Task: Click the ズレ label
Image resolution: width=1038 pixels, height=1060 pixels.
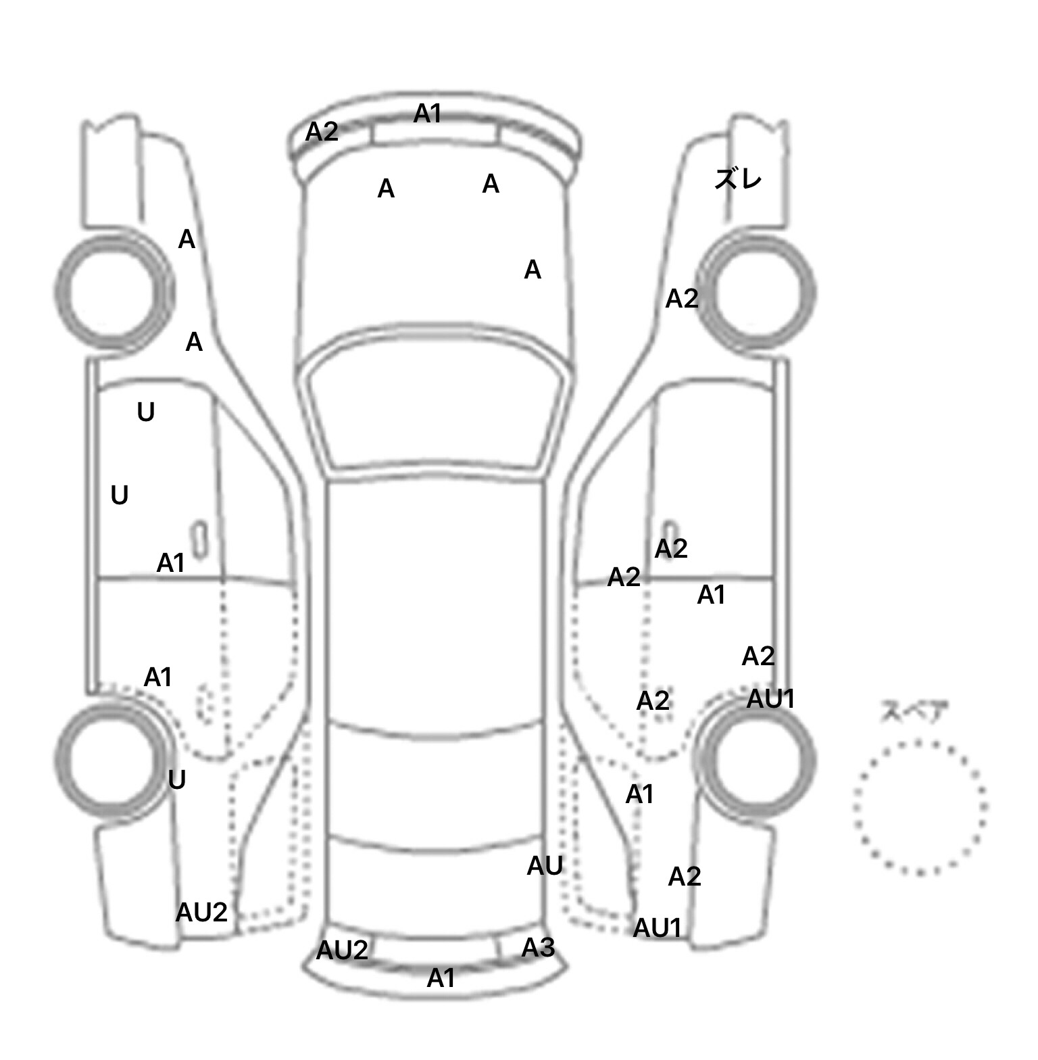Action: (738, 179)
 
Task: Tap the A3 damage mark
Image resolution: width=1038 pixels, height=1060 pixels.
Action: (538, 948)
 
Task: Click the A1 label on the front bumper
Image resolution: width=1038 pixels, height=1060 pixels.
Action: (427, 114)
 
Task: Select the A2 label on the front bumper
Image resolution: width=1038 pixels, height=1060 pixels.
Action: (322, 132)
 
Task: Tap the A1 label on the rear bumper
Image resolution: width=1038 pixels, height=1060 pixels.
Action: (441, 978)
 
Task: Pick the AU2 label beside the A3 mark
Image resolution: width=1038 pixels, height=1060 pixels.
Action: (342, 950)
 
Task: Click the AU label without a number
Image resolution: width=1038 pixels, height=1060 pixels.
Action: (545, 865)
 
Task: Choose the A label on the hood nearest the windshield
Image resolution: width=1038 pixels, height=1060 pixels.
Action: (533, 270)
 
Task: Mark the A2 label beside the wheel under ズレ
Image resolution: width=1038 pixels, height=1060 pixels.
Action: (681, 298)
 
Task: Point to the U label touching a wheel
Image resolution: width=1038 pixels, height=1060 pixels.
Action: (176, 780)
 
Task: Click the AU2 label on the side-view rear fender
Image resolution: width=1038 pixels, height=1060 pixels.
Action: (201, 913)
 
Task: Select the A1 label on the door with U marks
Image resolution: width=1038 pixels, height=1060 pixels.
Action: (170, 562)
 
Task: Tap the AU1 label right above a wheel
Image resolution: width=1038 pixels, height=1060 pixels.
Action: (770, 699)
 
